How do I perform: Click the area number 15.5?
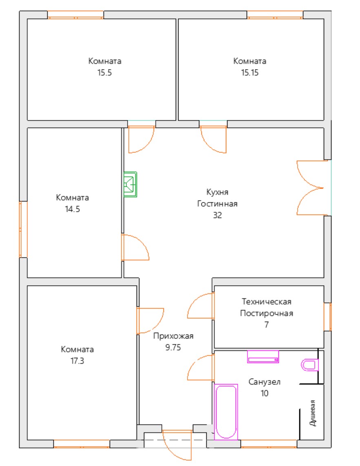click(104, 73)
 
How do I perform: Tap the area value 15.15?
click(250, 73)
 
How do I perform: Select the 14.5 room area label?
click(73, 209)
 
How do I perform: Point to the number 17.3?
click(77, 361)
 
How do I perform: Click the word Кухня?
click(217, 192)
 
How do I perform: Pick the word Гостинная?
click(217, 204)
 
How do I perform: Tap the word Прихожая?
click(173, 336)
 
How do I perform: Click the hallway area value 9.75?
click(173, 347)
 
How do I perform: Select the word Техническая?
click(267, 302)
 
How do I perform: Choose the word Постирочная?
click(267, 313)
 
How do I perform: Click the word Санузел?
click(264, 382)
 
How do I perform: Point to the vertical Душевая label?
click(312, 413)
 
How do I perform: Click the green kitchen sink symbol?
click(130, 184)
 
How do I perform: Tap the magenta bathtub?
click(226, 412)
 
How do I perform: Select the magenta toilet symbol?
click(310, 365)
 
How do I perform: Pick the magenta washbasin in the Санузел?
click(263, 357)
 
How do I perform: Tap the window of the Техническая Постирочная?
click(327, 317)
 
